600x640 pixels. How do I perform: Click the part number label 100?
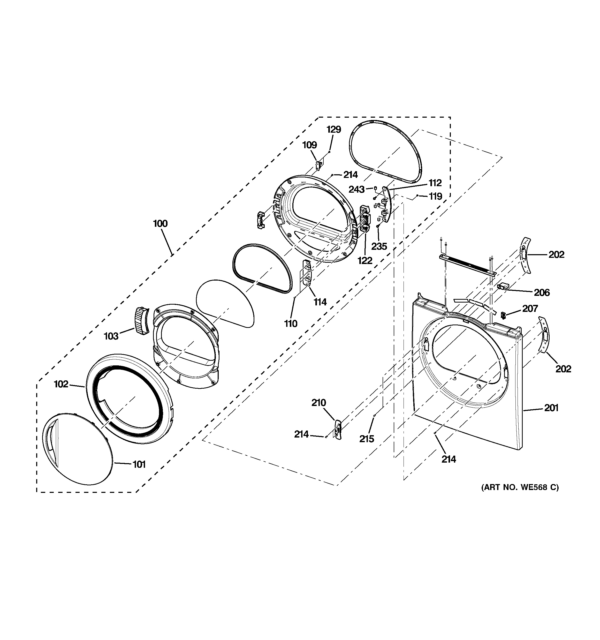[x=160, y=223]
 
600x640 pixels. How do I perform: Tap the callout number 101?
[x=139, y=464]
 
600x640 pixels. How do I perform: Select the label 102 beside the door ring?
[x=61, y=384]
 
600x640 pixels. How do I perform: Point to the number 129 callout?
[x=333, y=129]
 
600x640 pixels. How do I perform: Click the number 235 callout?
[x=379, y=246]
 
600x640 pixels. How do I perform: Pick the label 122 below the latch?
[x=365, y=260]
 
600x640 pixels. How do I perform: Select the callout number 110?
[x=291, y=323]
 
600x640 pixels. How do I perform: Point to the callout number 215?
[x=367, y=439]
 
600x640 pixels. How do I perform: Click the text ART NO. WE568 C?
[x=520, y=487]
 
